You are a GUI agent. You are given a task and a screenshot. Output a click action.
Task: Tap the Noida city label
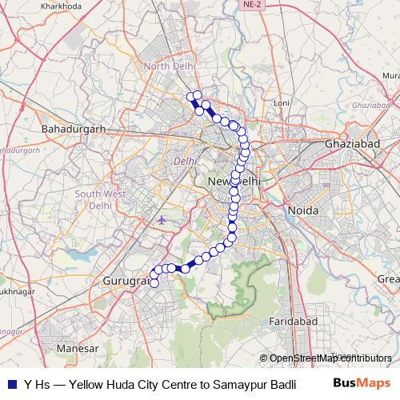coord(302,210)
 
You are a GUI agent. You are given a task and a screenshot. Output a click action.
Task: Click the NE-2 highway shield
coord(251,5)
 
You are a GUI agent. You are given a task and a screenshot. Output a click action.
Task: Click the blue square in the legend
coord(12,385)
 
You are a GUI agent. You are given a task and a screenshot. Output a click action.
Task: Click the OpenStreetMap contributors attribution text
coord(330,358)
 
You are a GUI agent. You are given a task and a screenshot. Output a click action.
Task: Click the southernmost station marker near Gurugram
coord(154,282)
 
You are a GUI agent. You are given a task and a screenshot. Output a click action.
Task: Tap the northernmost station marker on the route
coord(197,96)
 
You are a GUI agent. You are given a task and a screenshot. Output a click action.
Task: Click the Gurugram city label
coord(124,282)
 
